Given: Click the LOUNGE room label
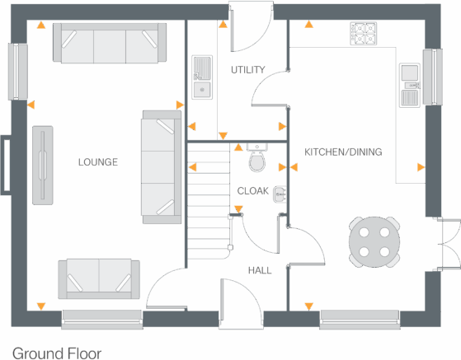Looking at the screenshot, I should click(x=97, y=162).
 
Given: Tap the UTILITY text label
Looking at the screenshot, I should click(x=247, y=70).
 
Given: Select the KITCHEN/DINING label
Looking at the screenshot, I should click(x=343, y=152).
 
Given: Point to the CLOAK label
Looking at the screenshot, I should click(x=252, y=191).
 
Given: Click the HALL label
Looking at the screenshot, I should click(x=260, y=270).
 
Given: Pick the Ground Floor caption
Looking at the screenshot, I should click(x=57, y=353).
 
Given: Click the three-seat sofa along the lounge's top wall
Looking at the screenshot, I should click(x=110, y=42).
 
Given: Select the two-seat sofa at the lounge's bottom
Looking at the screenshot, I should click(x=97, y=278).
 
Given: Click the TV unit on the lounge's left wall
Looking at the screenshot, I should click(x=43, y=165).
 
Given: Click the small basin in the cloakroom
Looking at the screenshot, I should click(x=280, y=194).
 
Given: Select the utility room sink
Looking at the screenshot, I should click(x=200, y=77).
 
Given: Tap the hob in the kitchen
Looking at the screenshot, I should click(x=363, y=32).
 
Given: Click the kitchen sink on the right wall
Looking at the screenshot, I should click(x=409, y=85).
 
